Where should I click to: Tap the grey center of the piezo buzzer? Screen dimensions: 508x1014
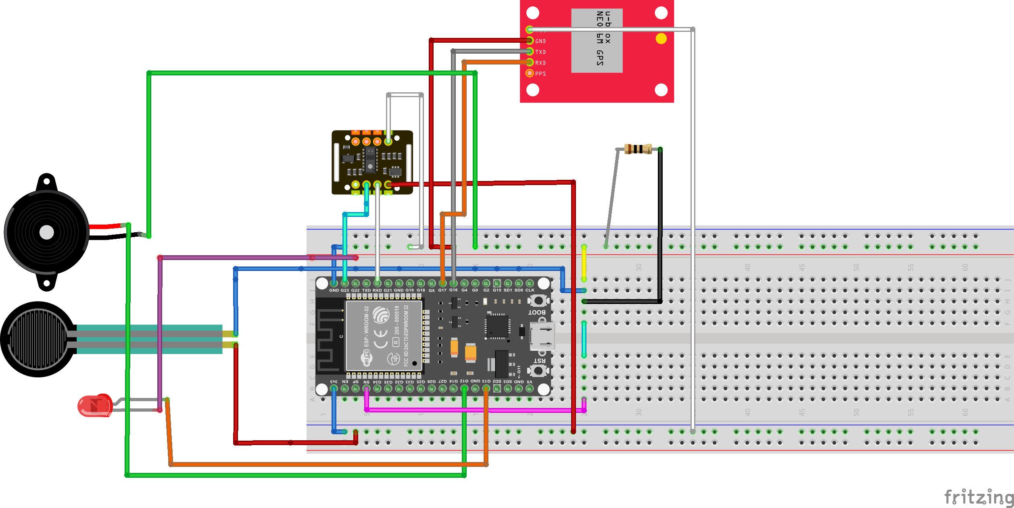pos(47,232)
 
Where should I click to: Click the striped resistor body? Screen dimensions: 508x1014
pos(638,149)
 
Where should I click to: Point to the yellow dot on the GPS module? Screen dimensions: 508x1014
pos(661,39)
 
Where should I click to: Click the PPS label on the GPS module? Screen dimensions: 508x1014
pos(540,74)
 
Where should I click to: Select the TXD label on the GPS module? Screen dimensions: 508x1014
pos(540,52)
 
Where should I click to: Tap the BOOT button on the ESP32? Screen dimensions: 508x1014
pos(538,301)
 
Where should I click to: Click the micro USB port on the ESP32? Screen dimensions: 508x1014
pos(542,336)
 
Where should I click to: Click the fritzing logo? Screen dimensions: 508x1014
pos(979,497)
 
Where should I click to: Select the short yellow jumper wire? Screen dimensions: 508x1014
pos(584,263)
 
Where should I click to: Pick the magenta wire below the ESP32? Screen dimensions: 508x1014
pos(476,410)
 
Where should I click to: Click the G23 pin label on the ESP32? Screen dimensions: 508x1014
pos(345,290)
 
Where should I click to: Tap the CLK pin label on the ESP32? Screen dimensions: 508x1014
pos(530,290)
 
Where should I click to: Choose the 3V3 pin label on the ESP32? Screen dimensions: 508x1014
pos(334,381)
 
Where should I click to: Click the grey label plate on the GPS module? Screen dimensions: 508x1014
pos(597,41)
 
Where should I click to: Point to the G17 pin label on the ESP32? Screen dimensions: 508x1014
pos(442,290)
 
